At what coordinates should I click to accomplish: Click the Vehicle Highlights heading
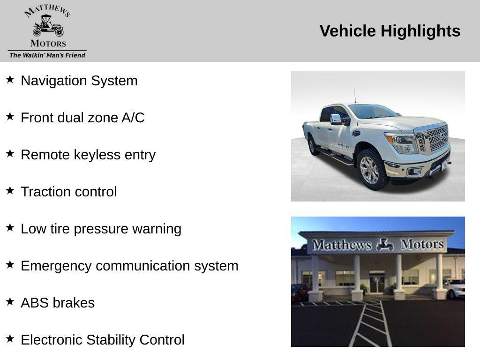point(390,31)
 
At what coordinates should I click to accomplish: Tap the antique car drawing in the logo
point(48,26)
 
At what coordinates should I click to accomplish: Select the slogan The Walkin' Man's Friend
point(47,55)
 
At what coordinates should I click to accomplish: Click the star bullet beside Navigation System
point(10,79)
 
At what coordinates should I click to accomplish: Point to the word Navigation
point(54,81)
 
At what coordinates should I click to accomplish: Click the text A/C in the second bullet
point(133,118)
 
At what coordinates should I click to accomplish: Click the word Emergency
point(56,266)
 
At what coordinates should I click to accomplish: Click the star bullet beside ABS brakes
point(10,301)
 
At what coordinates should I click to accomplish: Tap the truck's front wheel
point(370,170)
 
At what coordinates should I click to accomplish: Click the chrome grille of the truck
point(436,137)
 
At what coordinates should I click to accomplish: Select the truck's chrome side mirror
point(336,119)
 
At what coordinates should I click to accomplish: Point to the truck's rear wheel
point(312,146)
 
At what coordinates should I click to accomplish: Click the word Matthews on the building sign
point(342,245)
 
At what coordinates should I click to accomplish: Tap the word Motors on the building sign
point(422,244)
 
